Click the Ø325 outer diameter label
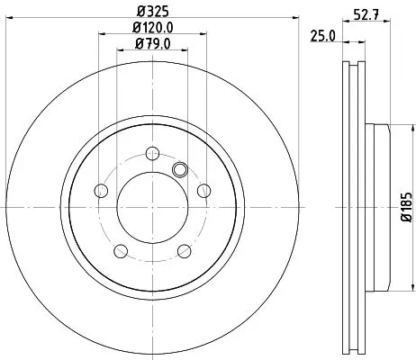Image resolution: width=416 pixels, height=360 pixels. [x=152, y=12]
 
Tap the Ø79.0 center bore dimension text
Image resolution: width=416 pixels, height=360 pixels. [x=152, y=43]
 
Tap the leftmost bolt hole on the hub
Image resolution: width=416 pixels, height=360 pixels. [x=101, y=189]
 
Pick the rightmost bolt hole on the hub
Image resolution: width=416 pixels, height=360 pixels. [x=204, y=189]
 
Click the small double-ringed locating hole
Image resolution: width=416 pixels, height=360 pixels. [x=180, y=168]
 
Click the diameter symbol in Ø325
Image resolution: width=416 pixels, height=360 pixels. [x=140, y=12]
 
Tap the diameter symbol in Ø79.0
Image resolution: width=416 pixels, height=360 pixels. [x=138, y=43]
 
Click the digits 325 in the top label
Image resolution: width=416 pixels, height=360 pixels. [x=157, y=12]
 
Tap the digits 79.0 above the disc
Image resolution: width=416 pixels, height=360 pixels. [x=157, y=43]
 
